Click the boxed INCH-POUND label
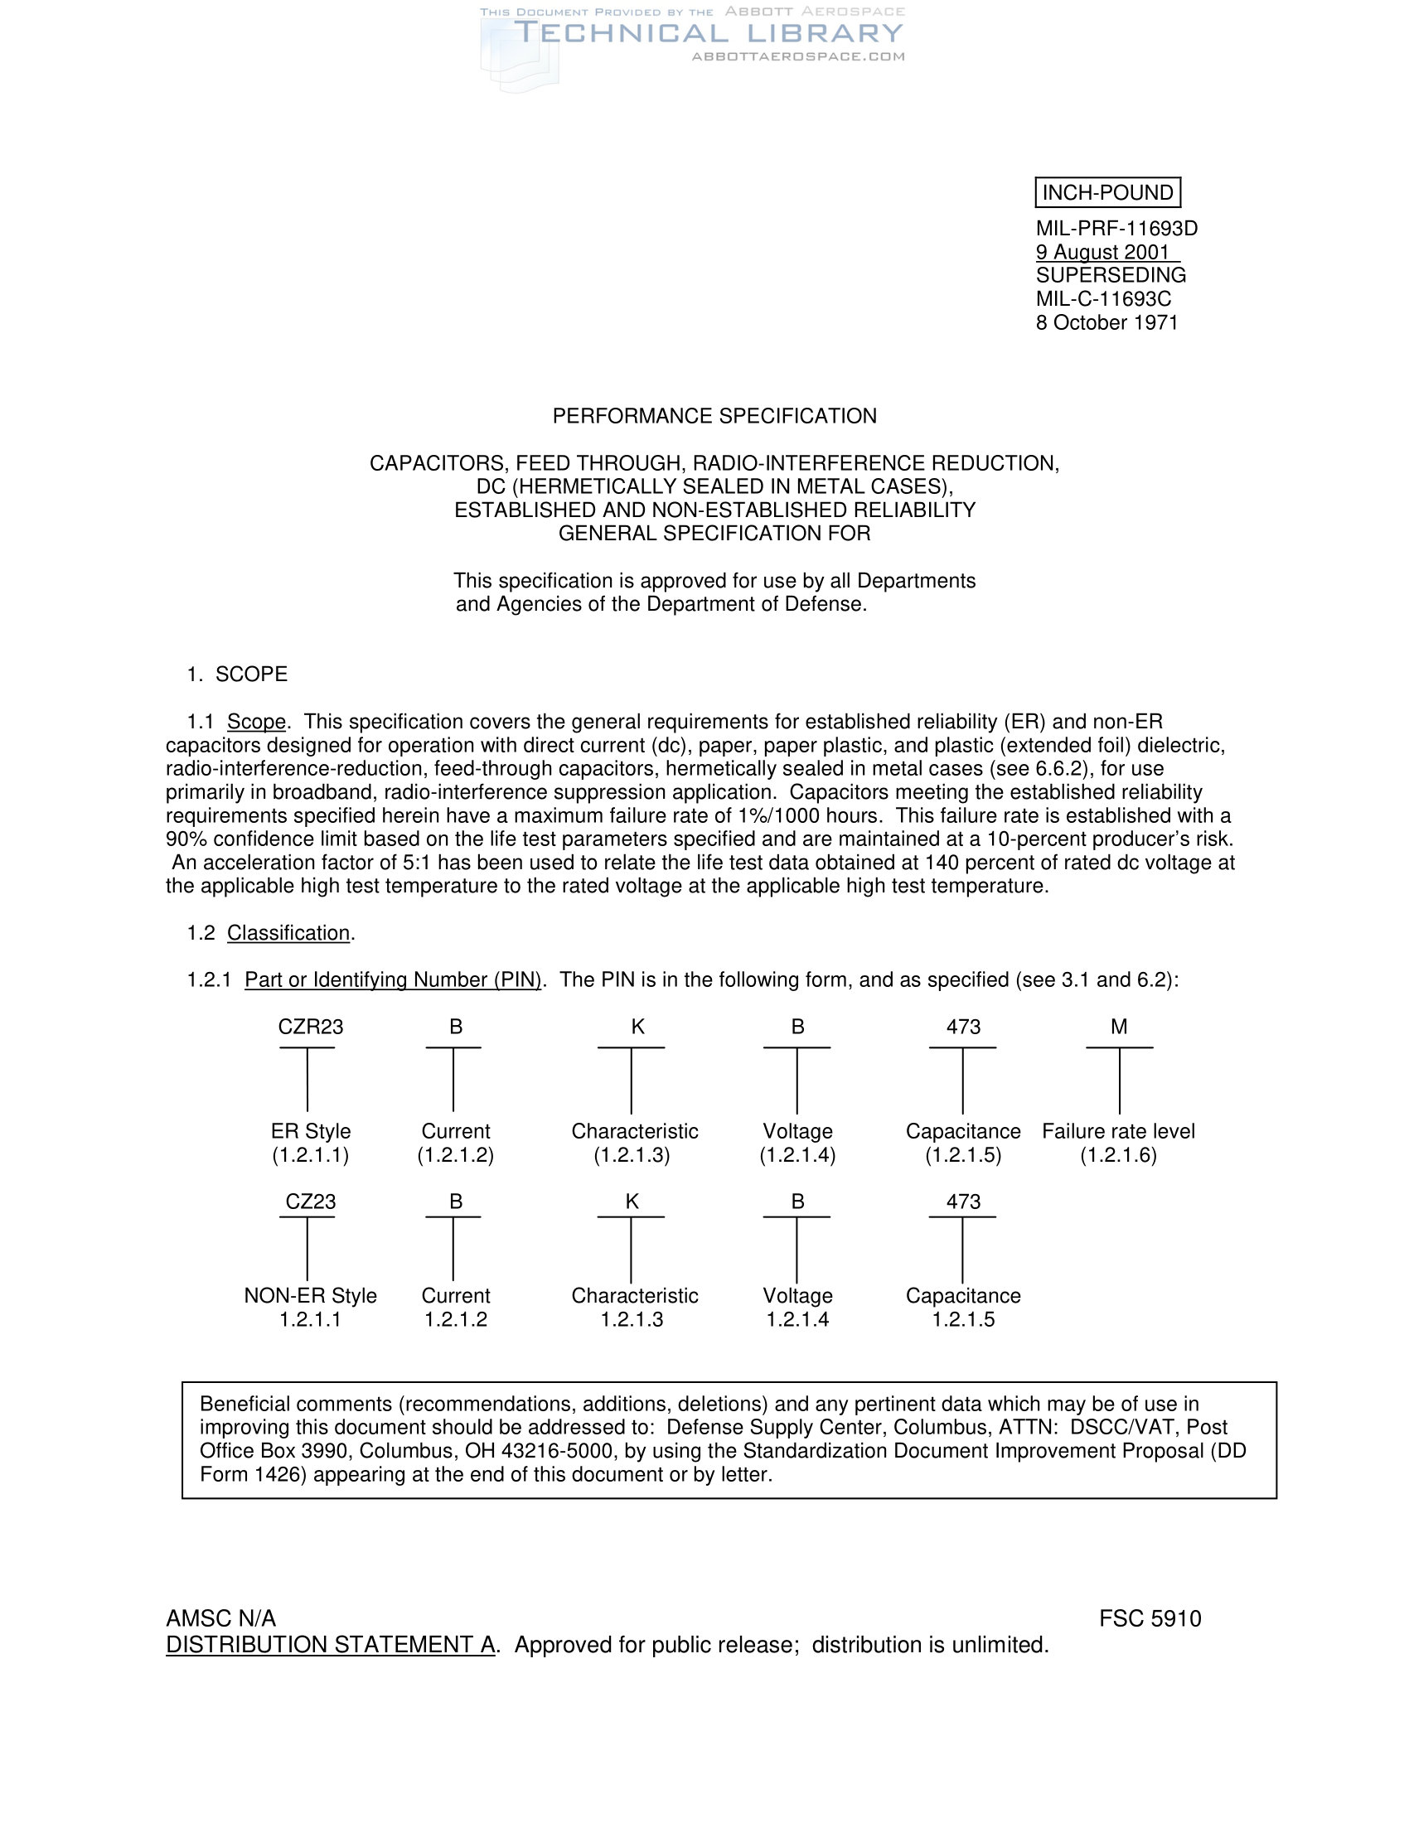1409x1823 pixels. [1106, 193]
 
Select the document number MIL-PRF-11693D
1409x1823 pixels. [1116, 229]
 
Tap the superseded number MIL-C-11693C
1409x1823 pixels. [1103, 299]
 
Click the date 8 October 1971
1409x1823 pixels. [1106, 322]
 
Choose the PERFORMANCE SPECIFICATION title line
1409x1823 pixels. [714, 416]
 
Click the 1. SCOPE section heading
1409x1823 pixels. [237, 674]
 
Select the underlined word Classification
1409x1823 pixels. [288, 932]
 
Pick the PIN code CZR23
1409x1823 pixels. [311, 1027]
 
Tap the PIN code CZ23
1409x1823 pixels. [311, 1202]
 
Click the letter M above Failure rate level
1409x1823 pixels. [1120, 1027]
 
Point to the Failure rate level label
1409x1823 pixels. [1119, 1131]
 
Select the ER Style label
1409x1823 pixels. [311, 1131]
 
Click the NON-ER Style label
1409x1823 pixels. [311, 1295]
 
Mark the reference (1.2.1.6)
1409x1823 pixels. [1119, 1155]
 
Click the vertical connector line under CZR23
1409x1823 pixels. [307, 1080]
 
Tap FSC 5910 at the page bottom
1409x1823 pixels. [1150, 1618]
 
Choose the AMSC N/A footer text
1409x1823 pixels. [221, 1618]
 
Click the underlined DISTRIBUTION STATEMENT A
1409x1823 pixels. [331, 1644]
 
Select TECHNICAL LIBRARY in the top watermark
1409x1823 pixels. [709, 33]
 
